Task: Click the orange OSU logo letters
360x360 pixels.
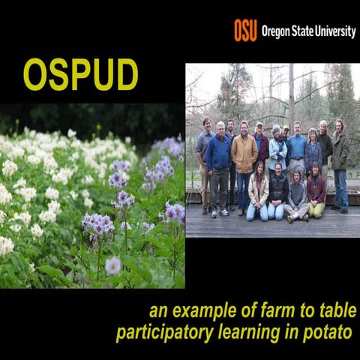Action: [x=245, y=30]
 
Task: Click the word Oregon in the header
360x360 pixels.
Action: [x=280, y=31]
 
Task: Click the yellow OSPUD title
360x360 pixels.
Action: [x=80, y=74]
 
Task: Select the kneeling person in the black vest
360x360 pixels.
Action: [x=278, y=191]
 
